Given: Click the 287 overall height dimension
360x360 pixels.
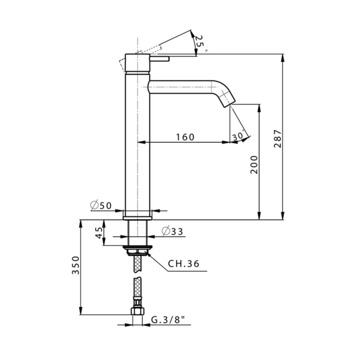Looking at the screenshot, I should coord(278,138).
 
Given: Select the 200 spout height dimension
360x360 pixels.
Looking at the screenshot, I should coord(254,164).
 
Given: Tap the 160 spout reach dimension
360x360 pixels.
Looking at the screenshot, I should coord(185,137).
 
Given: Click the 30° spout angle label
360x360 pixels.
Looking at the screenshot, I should coord(238,136).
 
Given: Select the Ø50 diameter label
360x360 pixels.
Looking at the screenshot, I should coord(101,206).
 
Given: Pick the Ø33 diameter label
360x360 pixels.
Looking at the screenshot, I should coord(172,231).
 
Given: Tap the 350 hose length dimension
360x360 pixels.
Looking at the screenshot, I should coord(75,266).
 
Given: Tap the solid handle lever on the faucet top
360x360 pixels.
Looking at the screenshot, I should coord(160,59).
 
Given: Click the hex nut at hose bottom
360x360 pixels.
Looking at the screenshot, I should coord(137,312).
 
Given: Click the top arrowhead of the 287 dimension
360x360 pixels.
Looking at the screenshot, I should coord(283,57).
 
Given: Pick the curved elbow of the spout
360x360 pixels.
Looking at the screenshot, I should coord(219,89).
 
